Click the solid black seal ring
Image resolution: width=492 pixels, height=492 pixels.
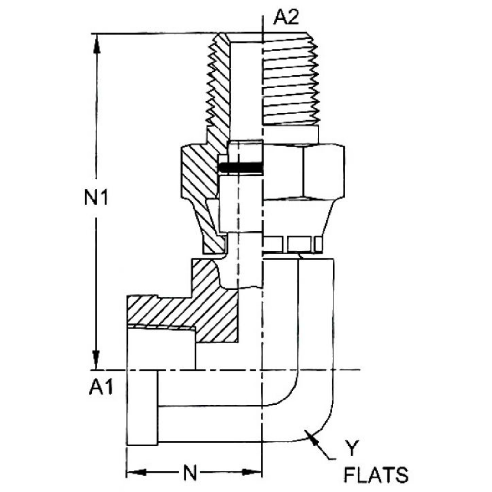click(x=241, y=168)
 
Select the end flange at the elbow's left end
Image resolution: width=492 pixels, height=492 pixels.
click(x=142, y=408)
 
